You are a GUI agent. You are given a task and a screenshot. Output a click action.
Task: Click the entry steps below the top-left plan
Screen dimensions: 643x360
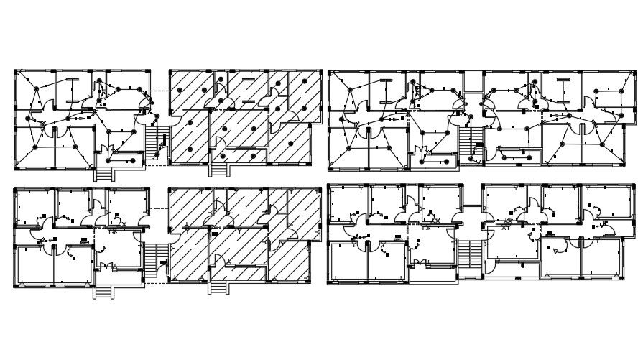point(104,174)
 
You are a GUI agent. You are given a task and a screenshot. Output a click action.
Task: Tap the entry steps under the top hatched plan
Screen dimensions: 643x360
point(218,170)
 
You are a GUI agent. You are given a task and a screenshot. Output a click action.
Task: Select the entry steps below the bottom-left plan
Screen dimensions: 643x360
point(104,291)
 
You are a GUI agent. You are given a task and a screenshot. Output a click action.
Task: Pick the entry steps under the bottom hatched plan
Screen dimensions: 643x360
point(218,287)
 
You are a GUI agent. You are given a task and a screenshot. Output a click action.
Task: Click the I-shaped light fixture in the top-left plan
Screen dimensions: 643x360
point(72,86)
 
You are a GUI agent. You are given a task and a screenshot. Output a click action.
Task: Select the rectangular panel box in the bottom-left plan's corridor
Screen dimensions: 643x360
point(85,240)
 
